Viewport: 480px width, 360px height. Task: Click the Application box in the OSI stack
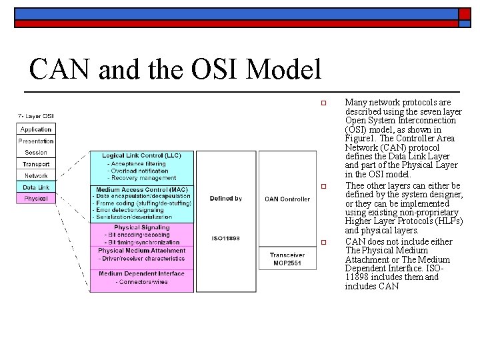coord(35,129)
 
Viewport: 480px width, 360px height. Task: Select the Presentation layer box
coord(35,141)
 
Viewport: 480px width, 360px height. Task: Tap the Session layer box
coord(35,153)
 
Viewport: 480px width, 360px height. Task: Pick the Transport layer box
coord(35,164)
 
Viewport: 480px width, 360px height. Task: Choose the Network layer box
coord(35,176)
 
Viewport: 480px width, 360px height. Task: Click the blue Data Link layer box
coord(35,187)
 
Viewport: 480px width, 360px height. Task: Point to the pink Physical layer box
coord(35,199)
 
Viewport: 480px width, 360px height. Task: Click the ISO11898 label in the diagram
coord(225,239)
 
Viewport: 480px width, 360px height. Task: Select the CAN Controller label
coord(287,199)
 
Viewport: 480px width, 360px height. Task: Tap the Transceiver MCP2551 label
coord(287,259)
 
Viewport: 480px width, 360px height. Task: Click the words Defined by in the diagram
coord(225,199)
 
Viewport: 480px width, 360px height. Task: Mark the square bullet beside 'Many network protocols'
coord(322,103)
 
